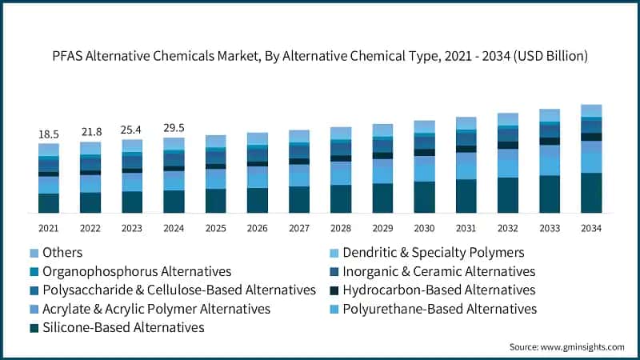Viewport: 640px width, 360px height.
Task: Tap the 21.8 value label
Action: (90, 130)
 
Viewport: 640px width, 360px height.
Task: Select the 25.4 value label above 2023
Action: (132, 128)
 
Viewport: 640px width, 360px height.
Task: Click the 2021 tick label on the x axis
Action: (49, 229)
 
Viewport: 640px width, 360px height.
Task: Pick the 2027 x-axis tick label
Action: (299, 229)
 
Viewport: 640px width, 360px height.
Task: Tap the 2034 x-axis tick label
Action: (591, 229)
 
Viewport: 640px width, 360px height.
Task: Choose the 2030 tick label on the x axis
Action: (424, 229)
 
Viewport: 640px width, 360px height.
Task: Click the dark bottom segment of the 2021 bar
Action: (49, 203)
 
